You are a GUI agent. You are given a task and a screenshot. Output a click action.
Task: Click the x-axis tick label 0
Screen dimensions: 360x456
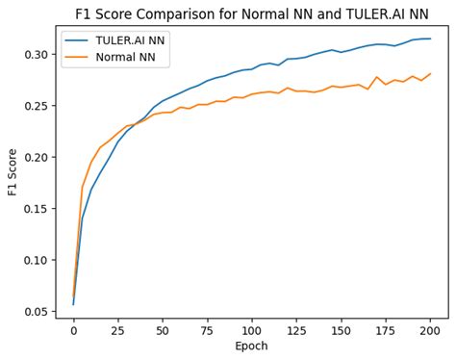(x=73, y=332)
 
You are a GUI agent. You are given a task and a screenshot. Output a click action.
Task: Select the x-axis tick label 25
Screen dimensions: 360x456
(x=117, y=332)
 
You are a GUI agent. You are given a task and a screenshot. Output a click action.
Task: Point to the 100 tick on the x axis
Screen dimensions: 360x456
(x=252, y=332)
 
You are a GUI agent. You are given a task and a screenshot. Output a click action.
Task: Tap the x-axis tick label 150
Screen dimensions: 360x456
(x=341, y=332)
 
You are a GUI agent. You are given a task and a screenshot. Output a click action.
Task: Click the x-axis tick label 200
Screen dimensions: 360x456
(x=430, y=332)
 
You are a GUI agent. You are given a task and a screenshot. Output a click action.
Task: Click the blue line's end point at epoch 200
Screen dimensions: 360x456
(x=430, y=39)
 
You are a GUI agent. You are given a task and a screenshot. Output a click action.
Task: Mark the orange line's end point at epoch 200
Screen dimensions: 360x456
(x=430, y=73)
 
